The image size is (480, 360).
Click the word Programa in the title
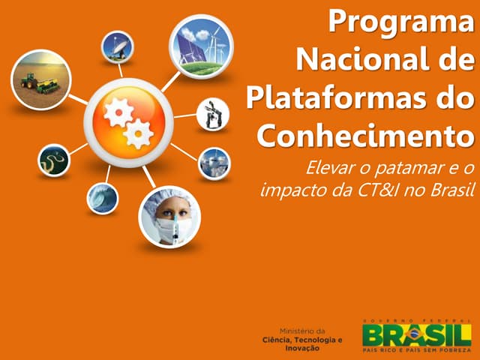click(402, 22)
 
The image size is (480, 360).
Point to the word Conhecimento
click(366, 135)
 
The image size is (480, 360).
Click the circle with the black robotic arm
click(213, 114)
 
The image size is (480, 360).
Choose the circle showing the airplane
click(215, 163)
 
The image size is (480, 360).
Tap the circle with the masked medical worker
click(170, 216)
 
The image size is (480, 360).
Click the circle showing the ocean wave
click(101, 198)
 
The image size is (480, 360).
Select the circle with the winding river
click(54, 159)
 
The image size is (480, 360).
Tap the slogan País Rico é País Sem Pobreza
click(416, 349)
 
